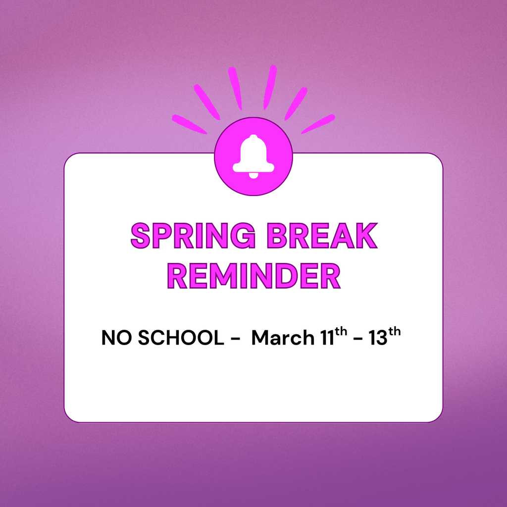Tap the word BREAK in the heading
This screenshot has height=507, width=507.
(x=322, y=236)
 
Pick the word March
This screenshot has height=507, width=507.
(x=283, y=338)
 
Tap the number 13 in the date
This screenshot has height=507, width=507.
(x=378, y=338)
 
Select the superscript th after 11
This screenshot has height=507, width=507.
(x=342, y=333)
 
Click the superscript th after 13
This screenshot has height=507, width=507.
(x=395, y=333)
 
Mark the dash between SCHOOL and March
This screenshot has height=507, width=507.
(x=235, y=339)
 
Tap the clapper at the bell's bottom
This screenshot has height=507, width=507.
(x=253, y=175)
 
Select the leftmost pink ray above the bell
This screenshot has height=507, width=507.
(x=189, y=124)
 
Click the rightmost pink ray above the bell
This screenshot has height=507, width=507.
(x=318, y=124)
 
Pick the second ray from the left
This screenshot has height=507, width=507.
(x=206, y=101)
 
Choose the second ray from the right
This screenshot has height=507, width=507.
(x=296, y=103)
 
